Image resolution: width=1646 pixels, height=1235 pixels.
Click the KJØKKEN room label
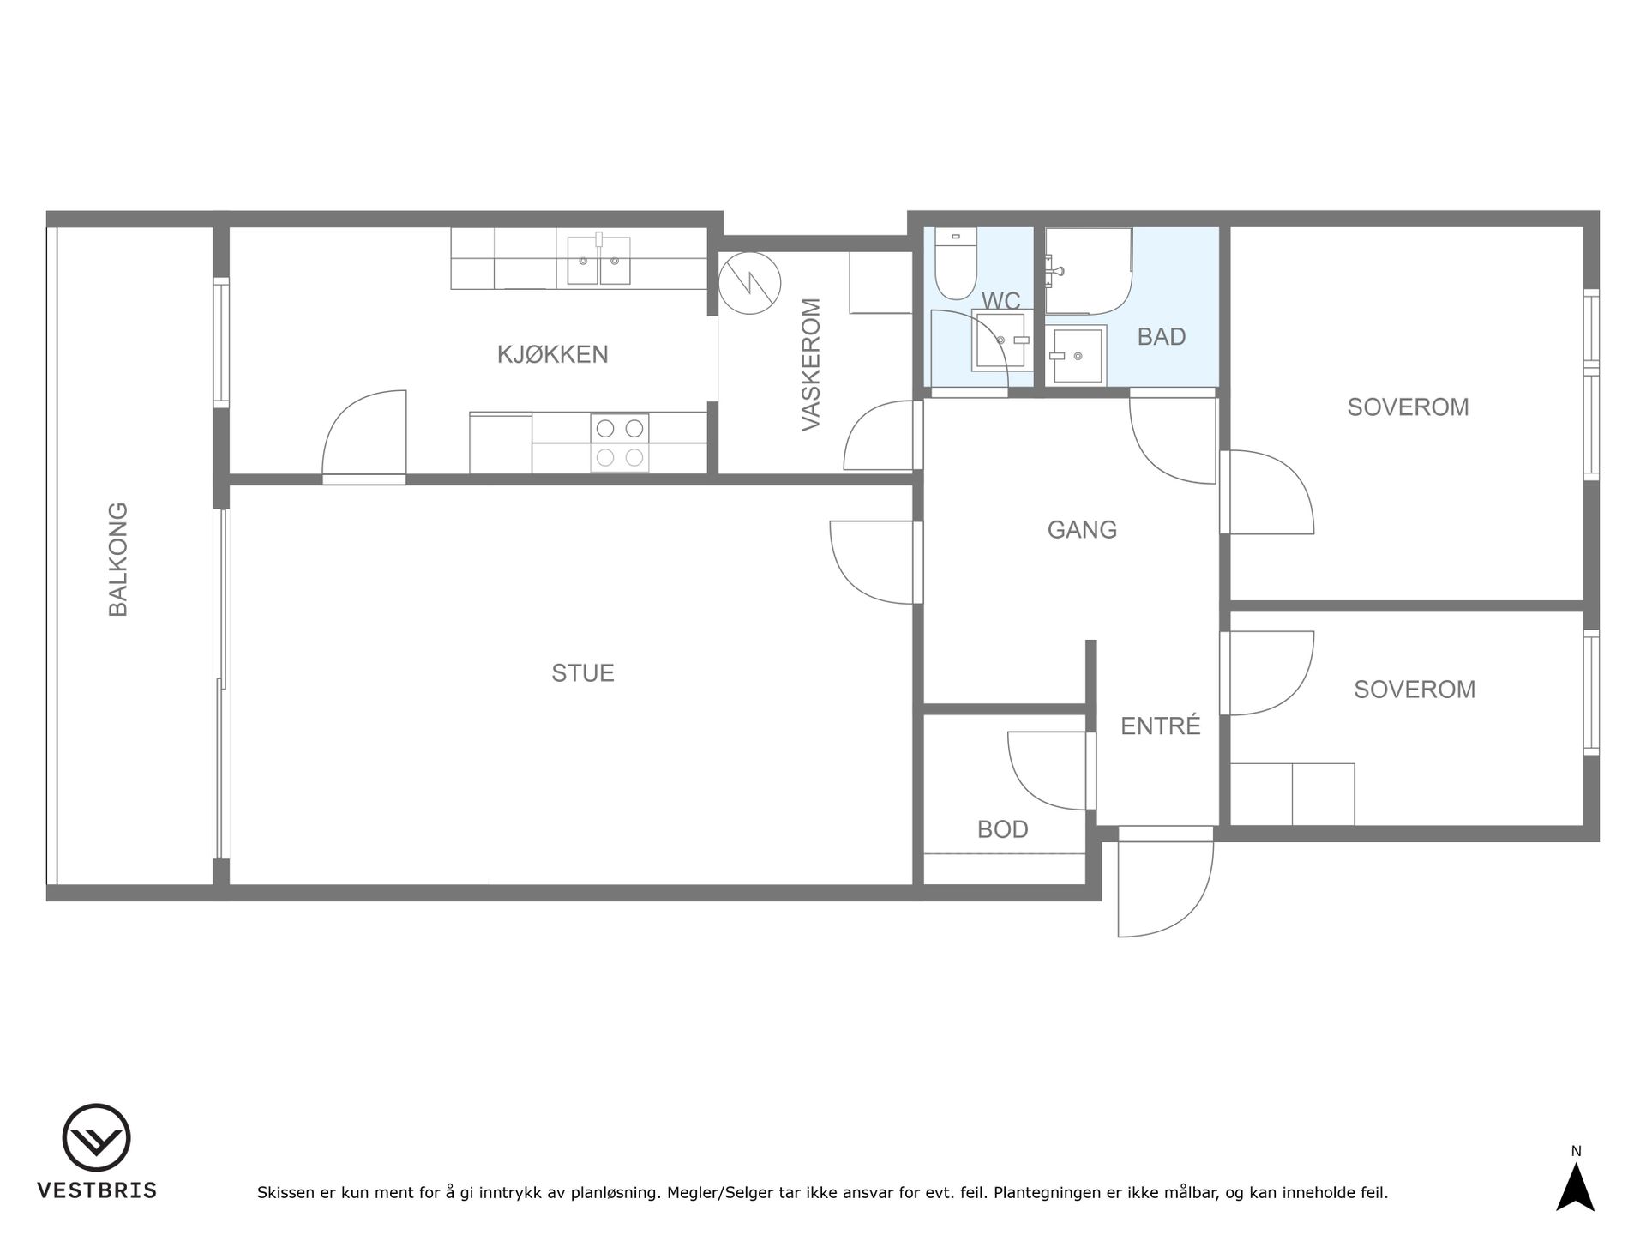pyautogui.click(x=553, y=354)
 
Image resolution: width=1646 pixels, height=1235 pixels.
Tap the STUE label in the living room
pyautogui.click(x=583, y=673)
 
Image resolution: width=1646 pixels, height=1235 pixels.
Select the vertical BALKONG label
pyautogui.click(x=118, y=559)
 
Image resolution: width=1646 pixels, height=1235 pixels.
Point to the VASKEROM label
pyautogui.click(x=811, y=364)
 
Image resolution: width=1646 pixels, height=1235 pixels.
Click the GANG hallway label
pyautogui.click(x=1082, y=530)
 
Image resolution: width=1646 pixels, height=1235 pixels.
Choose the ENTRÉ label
pyautogui.click(x=1161, y=726)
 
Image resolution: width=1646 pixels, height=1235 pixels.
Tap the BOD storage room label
pyautogui.click(x=1003, y=829)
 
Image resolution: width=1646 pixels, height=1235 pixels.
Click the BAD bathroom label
pyautogui.click(x=1162, y=337)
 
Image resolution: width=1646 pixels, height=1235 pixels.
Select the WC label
pyautogui.click(x=1001, y=301)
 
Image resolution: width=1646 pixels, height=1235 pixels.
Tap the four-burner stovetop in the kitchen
pyautogui.click(x=620, y=443)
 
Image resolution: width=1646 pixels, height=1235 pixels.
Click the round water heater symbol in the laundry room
pyautogui.click(x=750, y=283)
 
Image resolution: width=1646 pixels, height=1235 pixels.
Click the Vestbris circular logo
pyautogui.click(x=97, y=1138)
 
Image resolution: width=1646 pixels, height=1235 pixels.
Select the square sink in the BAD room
pyautogui.click(x=1076, y=354)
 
